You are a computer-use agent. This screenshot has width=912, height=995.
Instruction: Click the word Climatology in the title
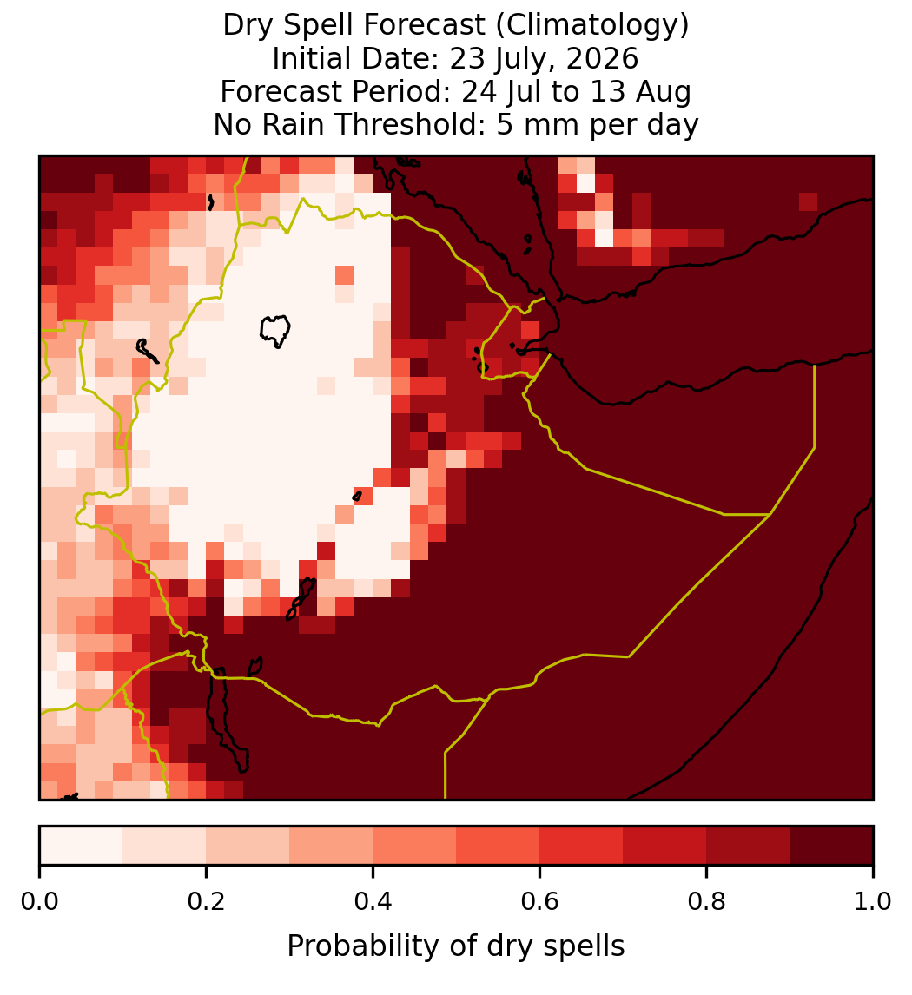[588, 26]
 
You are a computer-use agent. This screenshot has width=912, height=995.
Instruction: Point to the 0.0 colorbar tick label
[39, 902]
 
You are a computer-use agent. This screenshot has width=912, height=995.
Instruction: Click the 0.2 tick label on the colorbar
[206, 902]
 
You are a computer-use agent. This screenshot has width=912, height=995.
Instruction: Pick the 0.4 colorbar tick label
[373, 902]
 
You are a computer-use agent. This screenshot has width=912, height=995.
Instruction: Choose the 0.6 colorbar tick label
[540, 902]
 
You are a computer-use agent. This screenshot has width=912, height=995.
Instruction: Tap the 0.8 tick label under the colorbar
[707, 902]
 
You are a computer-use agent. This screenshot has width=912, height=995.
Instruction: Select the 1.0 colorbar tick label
[873, 902]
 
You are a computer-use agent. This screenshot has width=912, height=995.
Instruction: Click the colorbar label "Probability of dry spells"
[456, 946]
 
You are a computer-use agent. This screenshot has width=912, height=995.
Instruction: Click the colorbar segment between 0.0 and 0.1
[82, 846]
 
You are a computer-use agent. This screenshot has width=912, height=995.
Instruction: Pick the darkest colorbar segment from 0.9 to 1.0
[831, 846]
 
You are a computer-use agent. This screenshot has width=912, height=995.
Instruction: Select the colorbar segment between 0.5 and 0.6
[499, 846]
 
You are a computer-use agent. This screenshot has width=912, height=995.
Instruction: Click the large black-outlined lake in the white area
[274, 331]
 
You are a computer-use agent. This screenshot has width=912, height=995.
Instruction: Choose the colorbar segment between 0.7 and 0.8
[664, 846]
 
